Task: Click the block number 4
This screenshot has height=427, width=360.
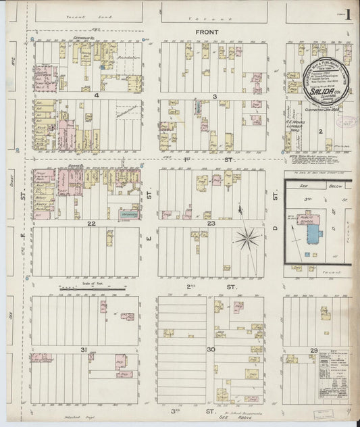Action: (x=97, y=96)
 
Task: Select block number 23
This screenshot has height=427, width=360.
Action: (x=211, y=222)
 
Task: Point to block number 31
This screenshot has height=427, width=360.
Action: (x=84, y=349)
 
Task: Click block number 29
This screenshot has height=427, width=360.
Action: (x=314, y=349)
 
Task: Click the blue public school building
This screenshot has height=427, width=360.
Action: (x=315, y=233)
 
